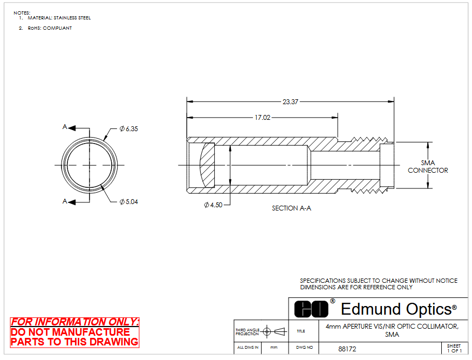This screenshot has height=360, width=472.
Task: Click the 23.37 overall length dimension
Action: [290, 102]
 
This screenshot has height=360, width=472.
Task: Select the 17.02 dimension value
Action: [263, 118]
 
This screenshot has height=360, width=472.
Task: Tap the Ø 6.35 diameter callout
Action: [128, 129]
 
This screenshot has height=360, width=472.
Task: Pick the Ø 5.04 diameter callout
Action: [128, 202]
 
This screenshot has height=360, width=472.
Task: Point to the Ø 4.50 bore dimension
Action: [213, 205]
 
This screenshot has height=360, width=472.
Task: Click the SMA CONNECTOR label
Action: [428, 167]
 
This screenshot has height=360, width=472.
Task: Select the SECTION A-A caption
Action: [291, 208]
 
